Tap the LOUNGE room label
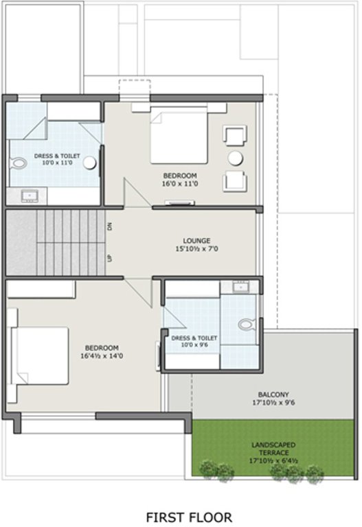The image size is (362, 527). tap(196, 240)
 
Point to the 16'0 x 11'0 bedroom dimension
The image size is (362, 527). tap(180, 183)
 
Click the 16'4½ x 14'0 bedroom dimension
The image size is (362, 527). tap(102, 356)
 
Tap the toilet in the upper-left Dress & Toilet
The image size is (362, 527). tap(18, 163)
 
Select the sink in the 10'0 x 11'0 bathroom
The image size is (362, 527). tap(30, 196)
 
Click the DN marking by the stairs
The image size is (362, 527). tap(109, 226)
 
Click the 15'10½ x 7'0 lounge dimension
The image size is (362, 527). tap(196, 249)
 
